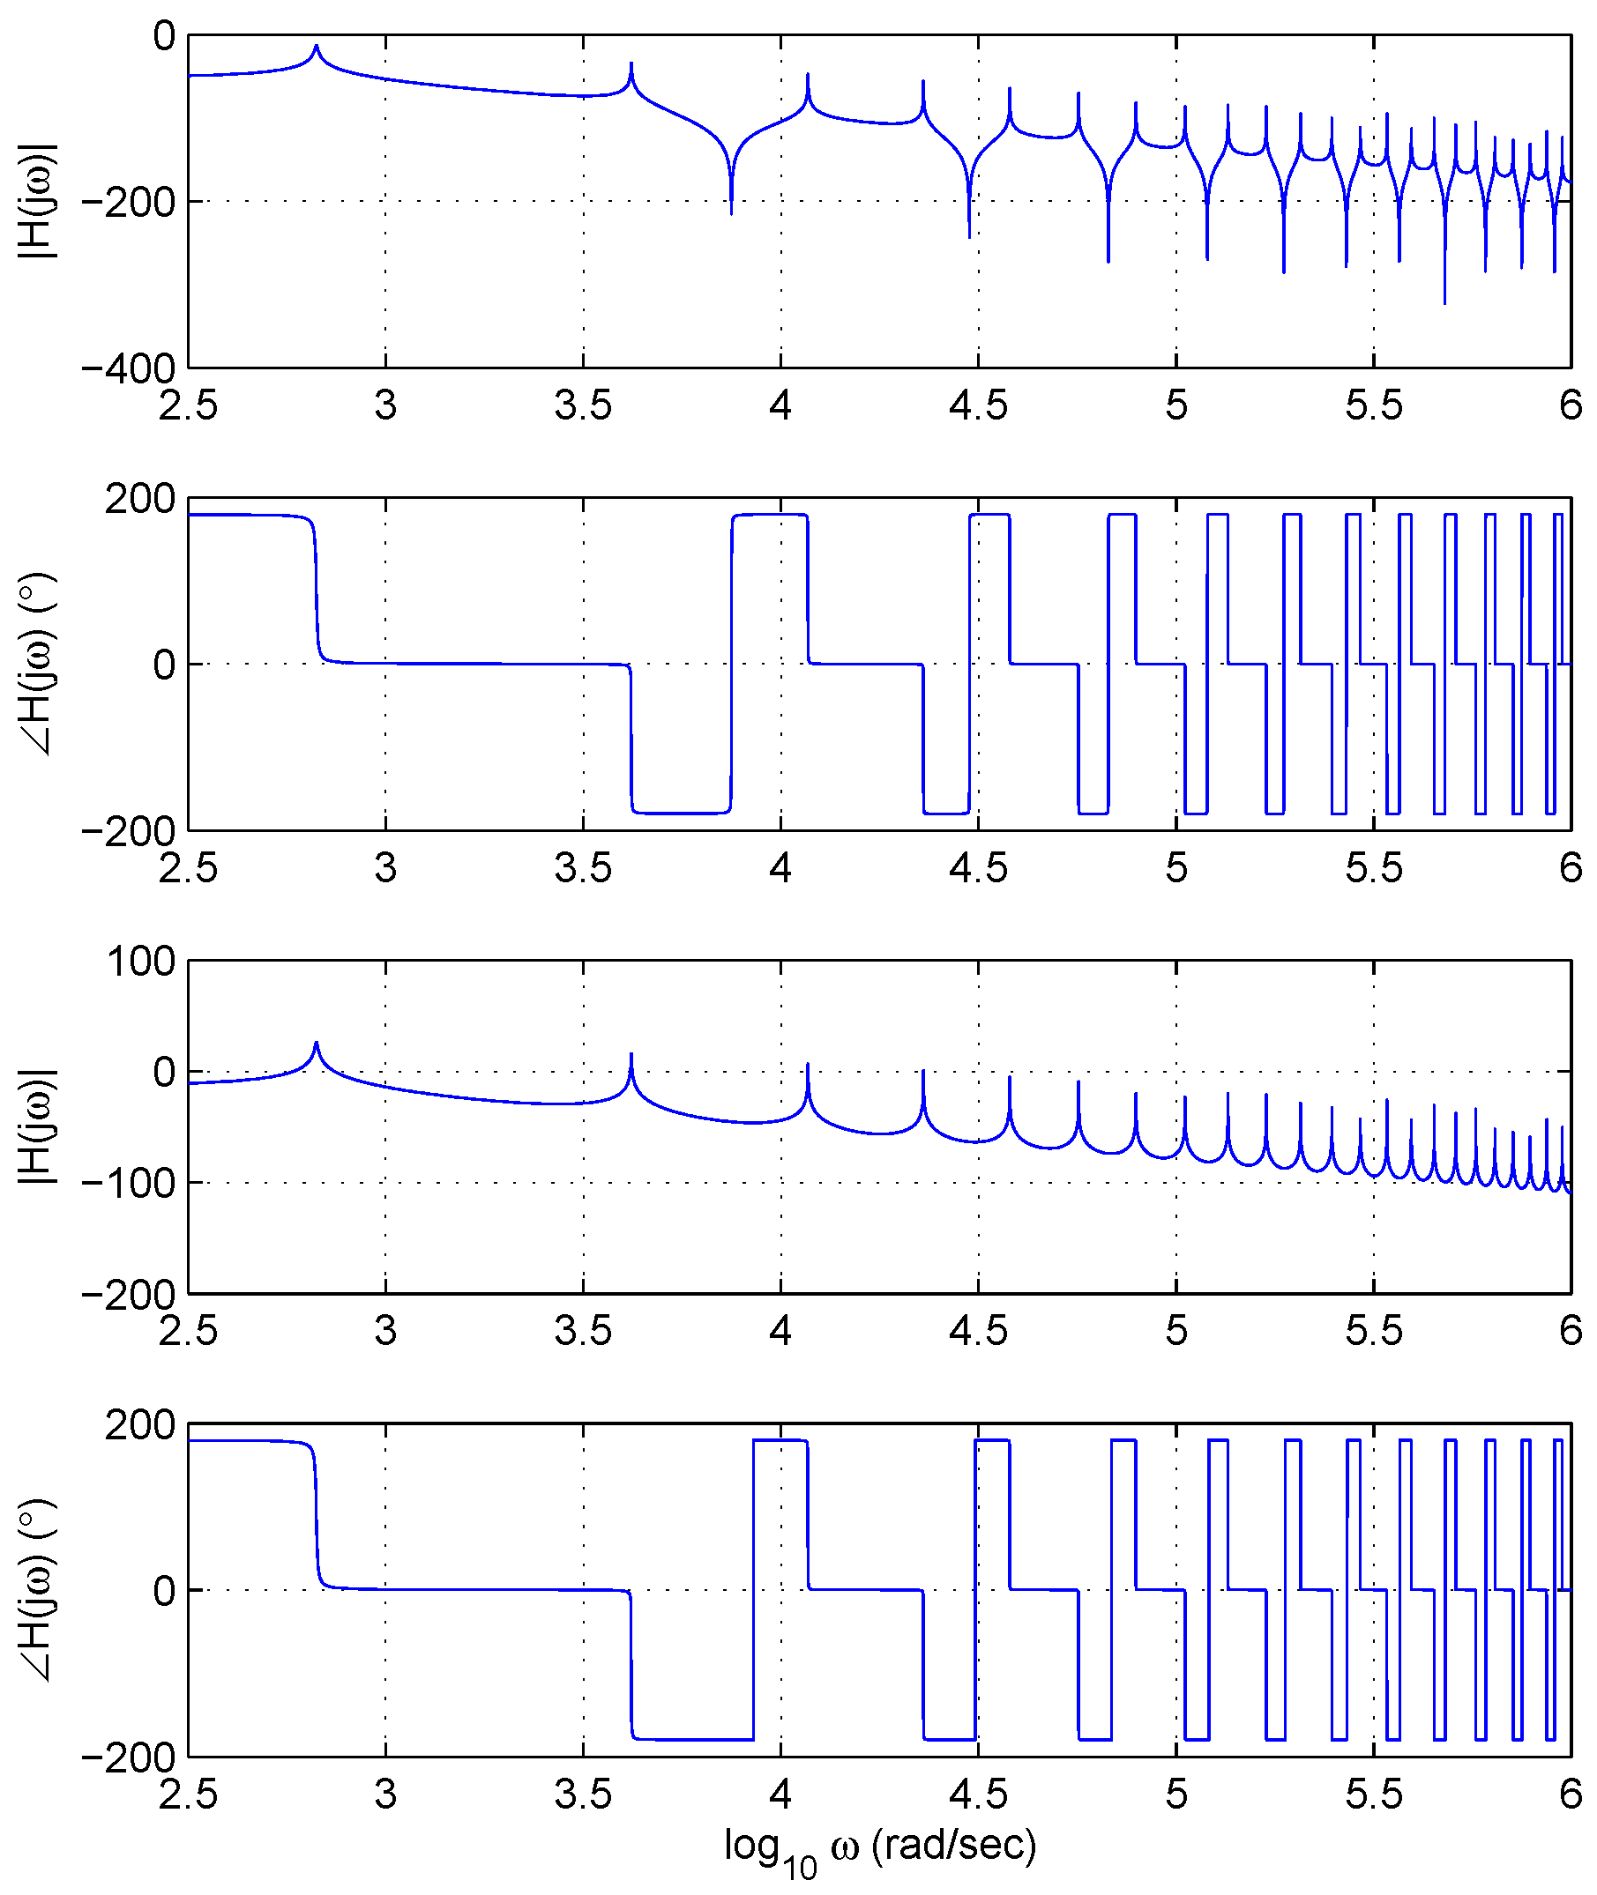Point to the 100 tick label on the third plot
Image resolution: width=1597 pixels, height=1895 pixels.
pos(141,961)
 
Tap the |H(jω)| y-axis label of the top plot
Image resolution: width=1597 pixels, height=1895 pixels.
pos(38,201)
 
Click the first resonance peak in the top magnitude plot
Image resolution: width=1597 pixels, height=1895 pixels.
pos(316,46)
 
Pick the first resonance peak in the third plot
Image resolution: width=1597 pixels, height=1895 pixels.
pos(316,1043)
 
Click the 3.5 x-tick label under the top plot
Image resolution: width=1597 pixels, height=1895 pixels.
pos(583,405)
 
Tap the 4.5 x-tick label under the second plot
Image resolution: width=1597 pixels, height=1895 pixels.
pos(978,868)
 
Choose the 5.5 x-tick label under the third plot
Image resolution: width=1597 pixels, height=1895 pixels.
pos(1373,1330)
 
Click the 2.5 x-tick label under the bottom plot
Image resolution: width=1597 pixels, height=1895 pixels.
pos(188,1795)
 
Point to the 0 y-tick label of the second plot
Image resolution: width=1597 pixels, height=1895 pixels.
pos(164,665)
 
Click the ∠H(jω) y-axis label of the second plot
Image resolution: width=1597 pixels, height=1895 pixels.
pos(38,665)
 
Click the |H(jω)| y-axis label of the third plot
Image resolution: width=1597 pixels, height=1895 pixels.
pos(38,1126)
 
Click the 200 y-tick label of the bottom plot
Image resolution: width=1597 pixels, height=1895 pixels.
pos(139,1424)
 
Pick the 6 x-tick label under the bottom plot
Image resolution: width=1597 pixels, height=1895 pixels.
pos(1571,1795)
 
